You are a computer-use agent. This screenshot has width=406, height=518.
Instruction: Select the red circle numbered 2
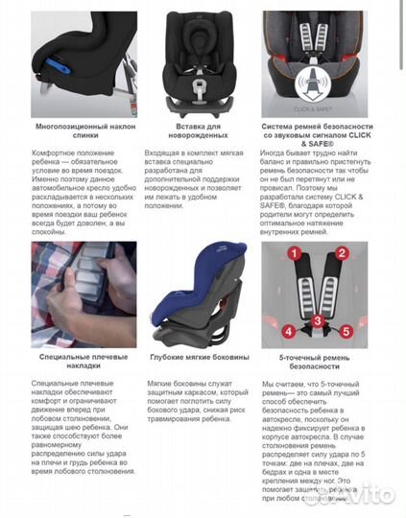click(x=340, y=255)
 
